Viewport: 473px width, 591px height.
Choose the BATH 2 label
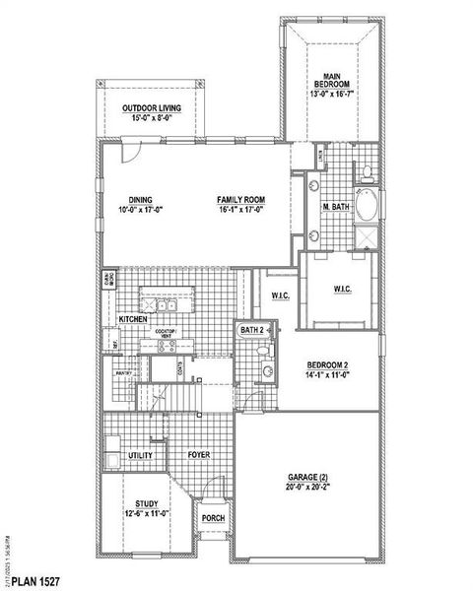tap(252, 330)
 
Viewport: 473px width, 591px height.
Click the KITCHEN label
tap(133, 320)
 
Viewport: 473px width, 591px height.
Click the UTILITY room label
tap(141, 456)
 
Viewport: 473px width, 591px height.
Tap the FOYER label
tap(200, 455)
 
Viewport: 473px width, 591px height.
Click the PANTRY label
tap(123, 373)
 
